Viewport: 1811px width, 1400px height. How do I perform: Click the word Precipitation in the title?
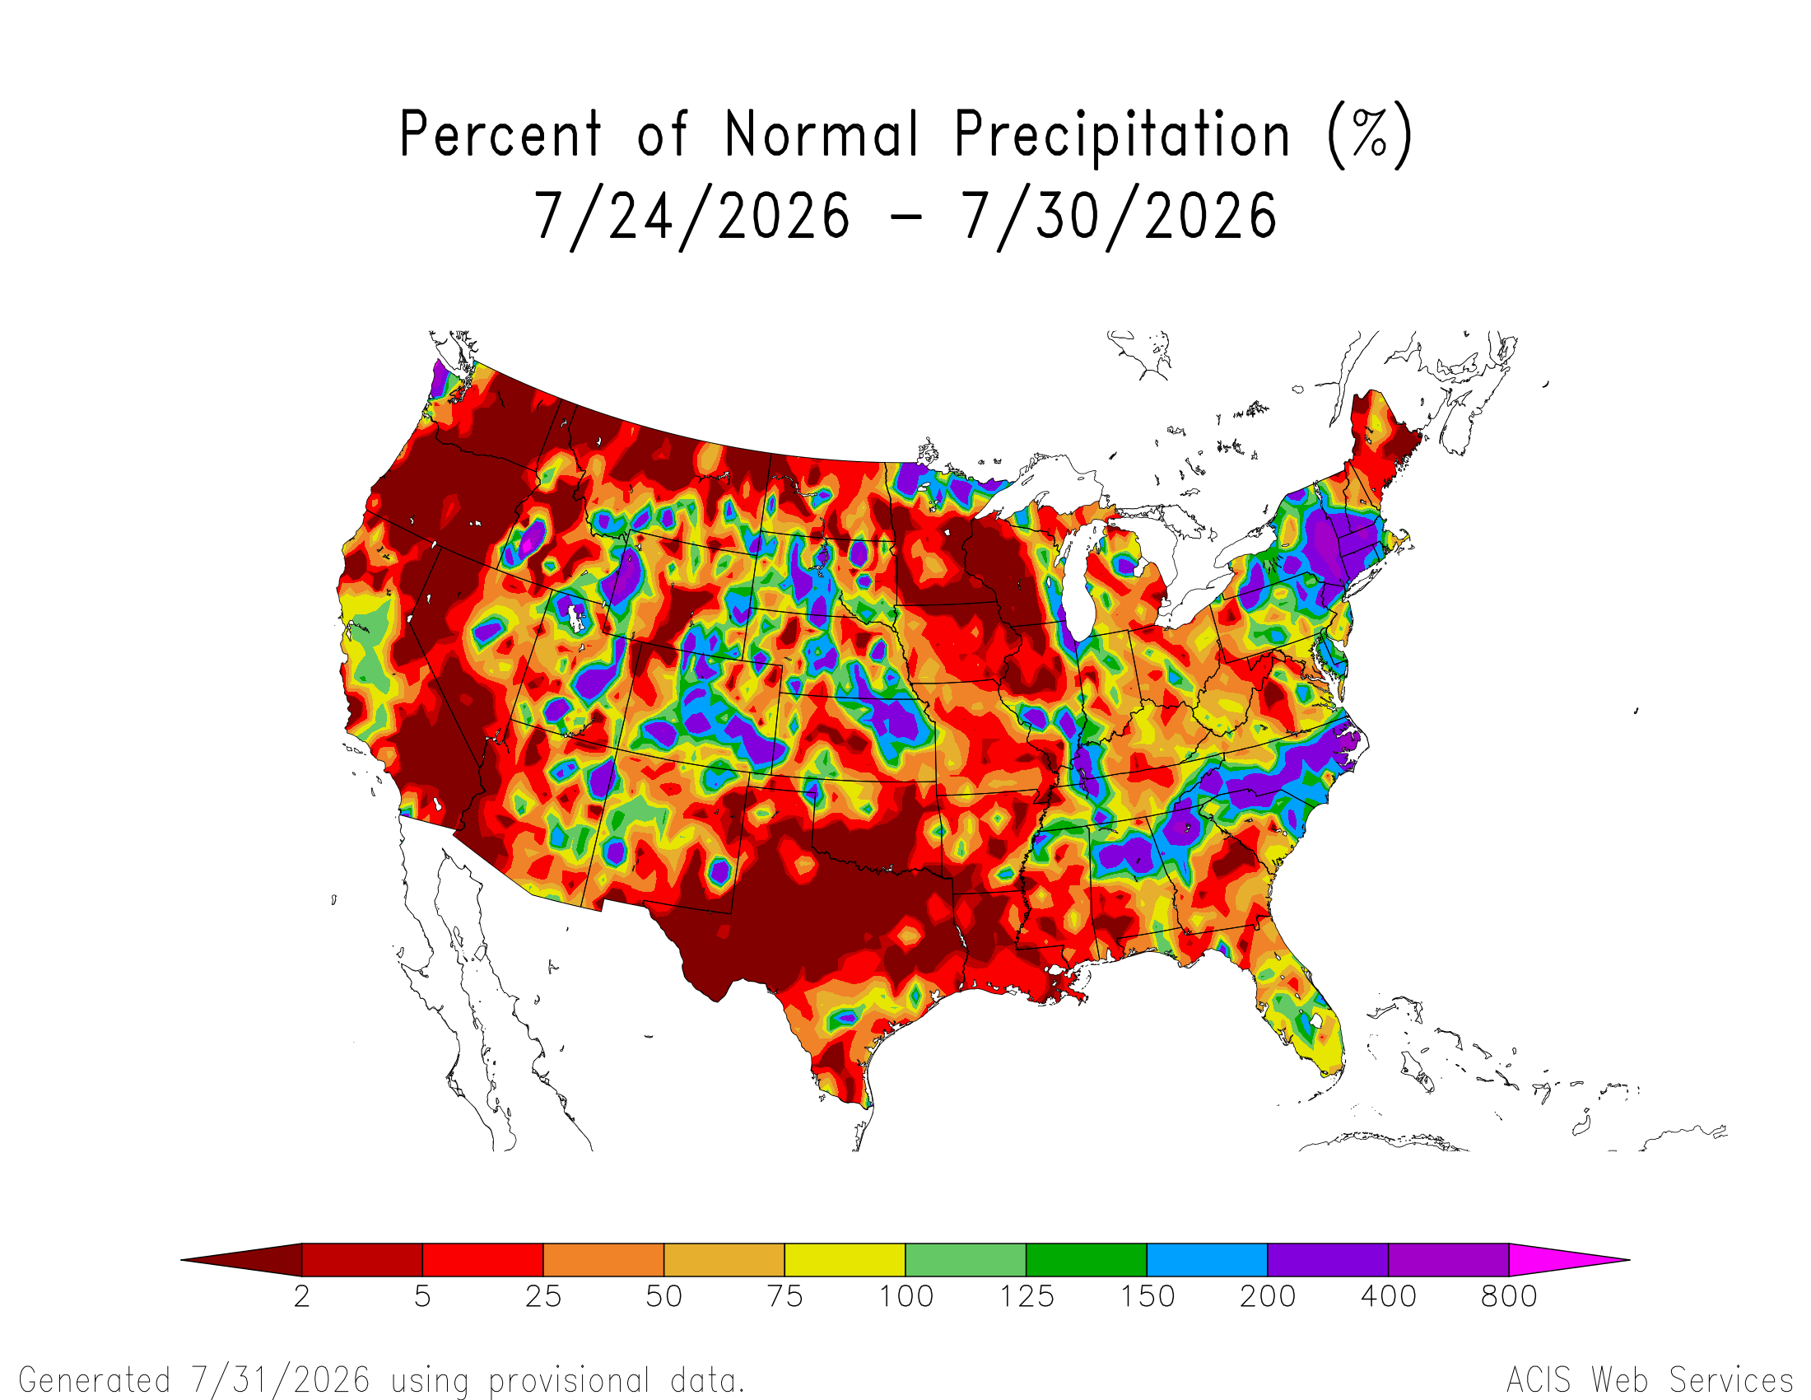point(1122,135)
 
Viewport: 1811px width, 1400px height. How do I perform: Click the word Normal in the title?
point(822,133)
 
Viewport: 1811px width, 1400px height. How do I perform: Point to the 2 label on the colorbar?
point(302,1296)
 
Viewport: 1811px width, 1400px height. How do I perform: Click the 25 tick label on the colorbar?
point(543,1296)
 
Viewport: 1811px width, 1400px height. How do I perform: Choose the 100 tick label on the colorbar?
point(906,1296)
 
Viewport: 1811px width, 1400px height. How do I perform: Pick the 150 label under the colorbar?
point(1148,1296)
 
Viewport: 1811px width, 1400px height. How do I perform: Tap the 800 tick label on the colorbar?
point(1509,1296)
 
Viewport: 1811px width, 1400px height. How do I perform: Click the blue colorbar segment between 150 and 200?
point(1208,1260)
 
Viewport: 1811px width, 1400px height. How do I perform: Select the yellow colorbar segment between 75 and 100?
point(845,1260)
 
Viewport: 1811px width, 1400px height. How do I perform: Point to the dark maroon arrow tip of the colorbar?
point(182,1260)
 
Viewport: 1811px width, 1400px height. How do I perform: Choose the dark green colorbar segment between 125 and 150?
point(1087,1260)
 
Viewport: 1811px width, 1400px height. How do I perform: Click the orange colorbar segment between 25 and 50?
point(603,1260)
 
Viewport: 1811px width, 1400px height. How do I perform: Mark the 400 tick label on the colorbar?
point(1389,1296)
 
